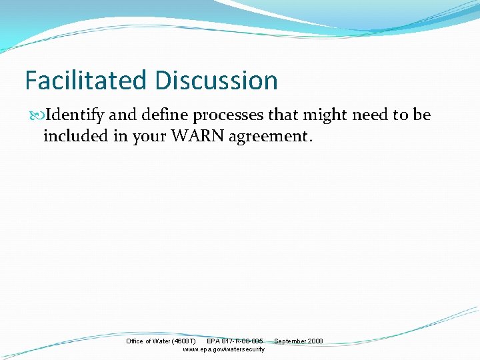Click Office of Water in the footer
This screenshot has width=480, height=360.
click(x=147, y=341)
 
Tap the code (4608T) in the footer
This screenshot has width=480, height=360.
click(x=183, y=341)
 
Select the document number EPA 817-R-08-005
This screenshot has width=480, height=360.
click(x=235, y=341)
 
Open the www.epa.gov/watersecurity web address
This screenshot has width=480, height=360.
click(x=223, y=349)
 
